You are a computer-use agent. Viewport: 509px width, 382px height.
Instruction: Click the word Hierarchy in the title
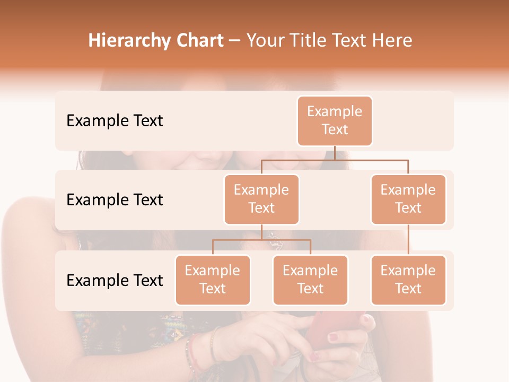[121, 41]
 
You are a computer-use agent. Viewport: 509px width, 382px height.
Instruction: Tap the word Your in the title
[265, 41]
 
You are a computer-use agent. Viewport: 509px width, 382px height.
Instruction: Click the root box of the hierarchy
[335, 120]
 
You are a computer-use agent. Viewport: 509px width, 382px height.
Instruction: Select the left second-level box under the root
[261, 199]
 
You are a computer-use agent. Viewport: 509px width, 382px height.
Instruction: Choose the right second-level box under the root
[408, 199]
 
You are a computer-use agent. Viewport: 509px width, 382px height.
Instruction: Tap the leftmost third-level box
[213, 280]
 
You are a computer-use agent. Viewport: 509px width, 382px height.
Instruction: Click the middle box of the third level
[310, 280]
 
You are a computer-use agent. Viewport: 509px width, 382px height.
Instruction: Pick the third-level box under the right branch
[408, 280]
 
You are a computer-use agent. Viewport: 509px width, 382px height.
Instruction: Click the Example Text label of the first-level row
[115, 121]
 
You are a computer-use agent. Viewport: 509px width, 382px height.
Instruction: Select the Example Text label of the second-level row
[115, 200]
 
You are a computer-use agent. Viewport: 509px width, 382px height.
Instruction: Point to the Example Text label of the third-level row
[115, 280]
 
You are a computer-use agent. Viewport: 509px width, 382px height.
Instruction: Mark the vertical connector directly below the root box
[335, 153]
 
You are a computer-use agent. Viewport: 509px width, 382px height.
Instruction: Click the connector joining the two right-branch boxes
[408, 240]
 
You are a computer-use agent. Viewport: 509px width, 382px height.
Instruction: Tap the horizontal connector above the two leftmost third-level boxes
[261, 240]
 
